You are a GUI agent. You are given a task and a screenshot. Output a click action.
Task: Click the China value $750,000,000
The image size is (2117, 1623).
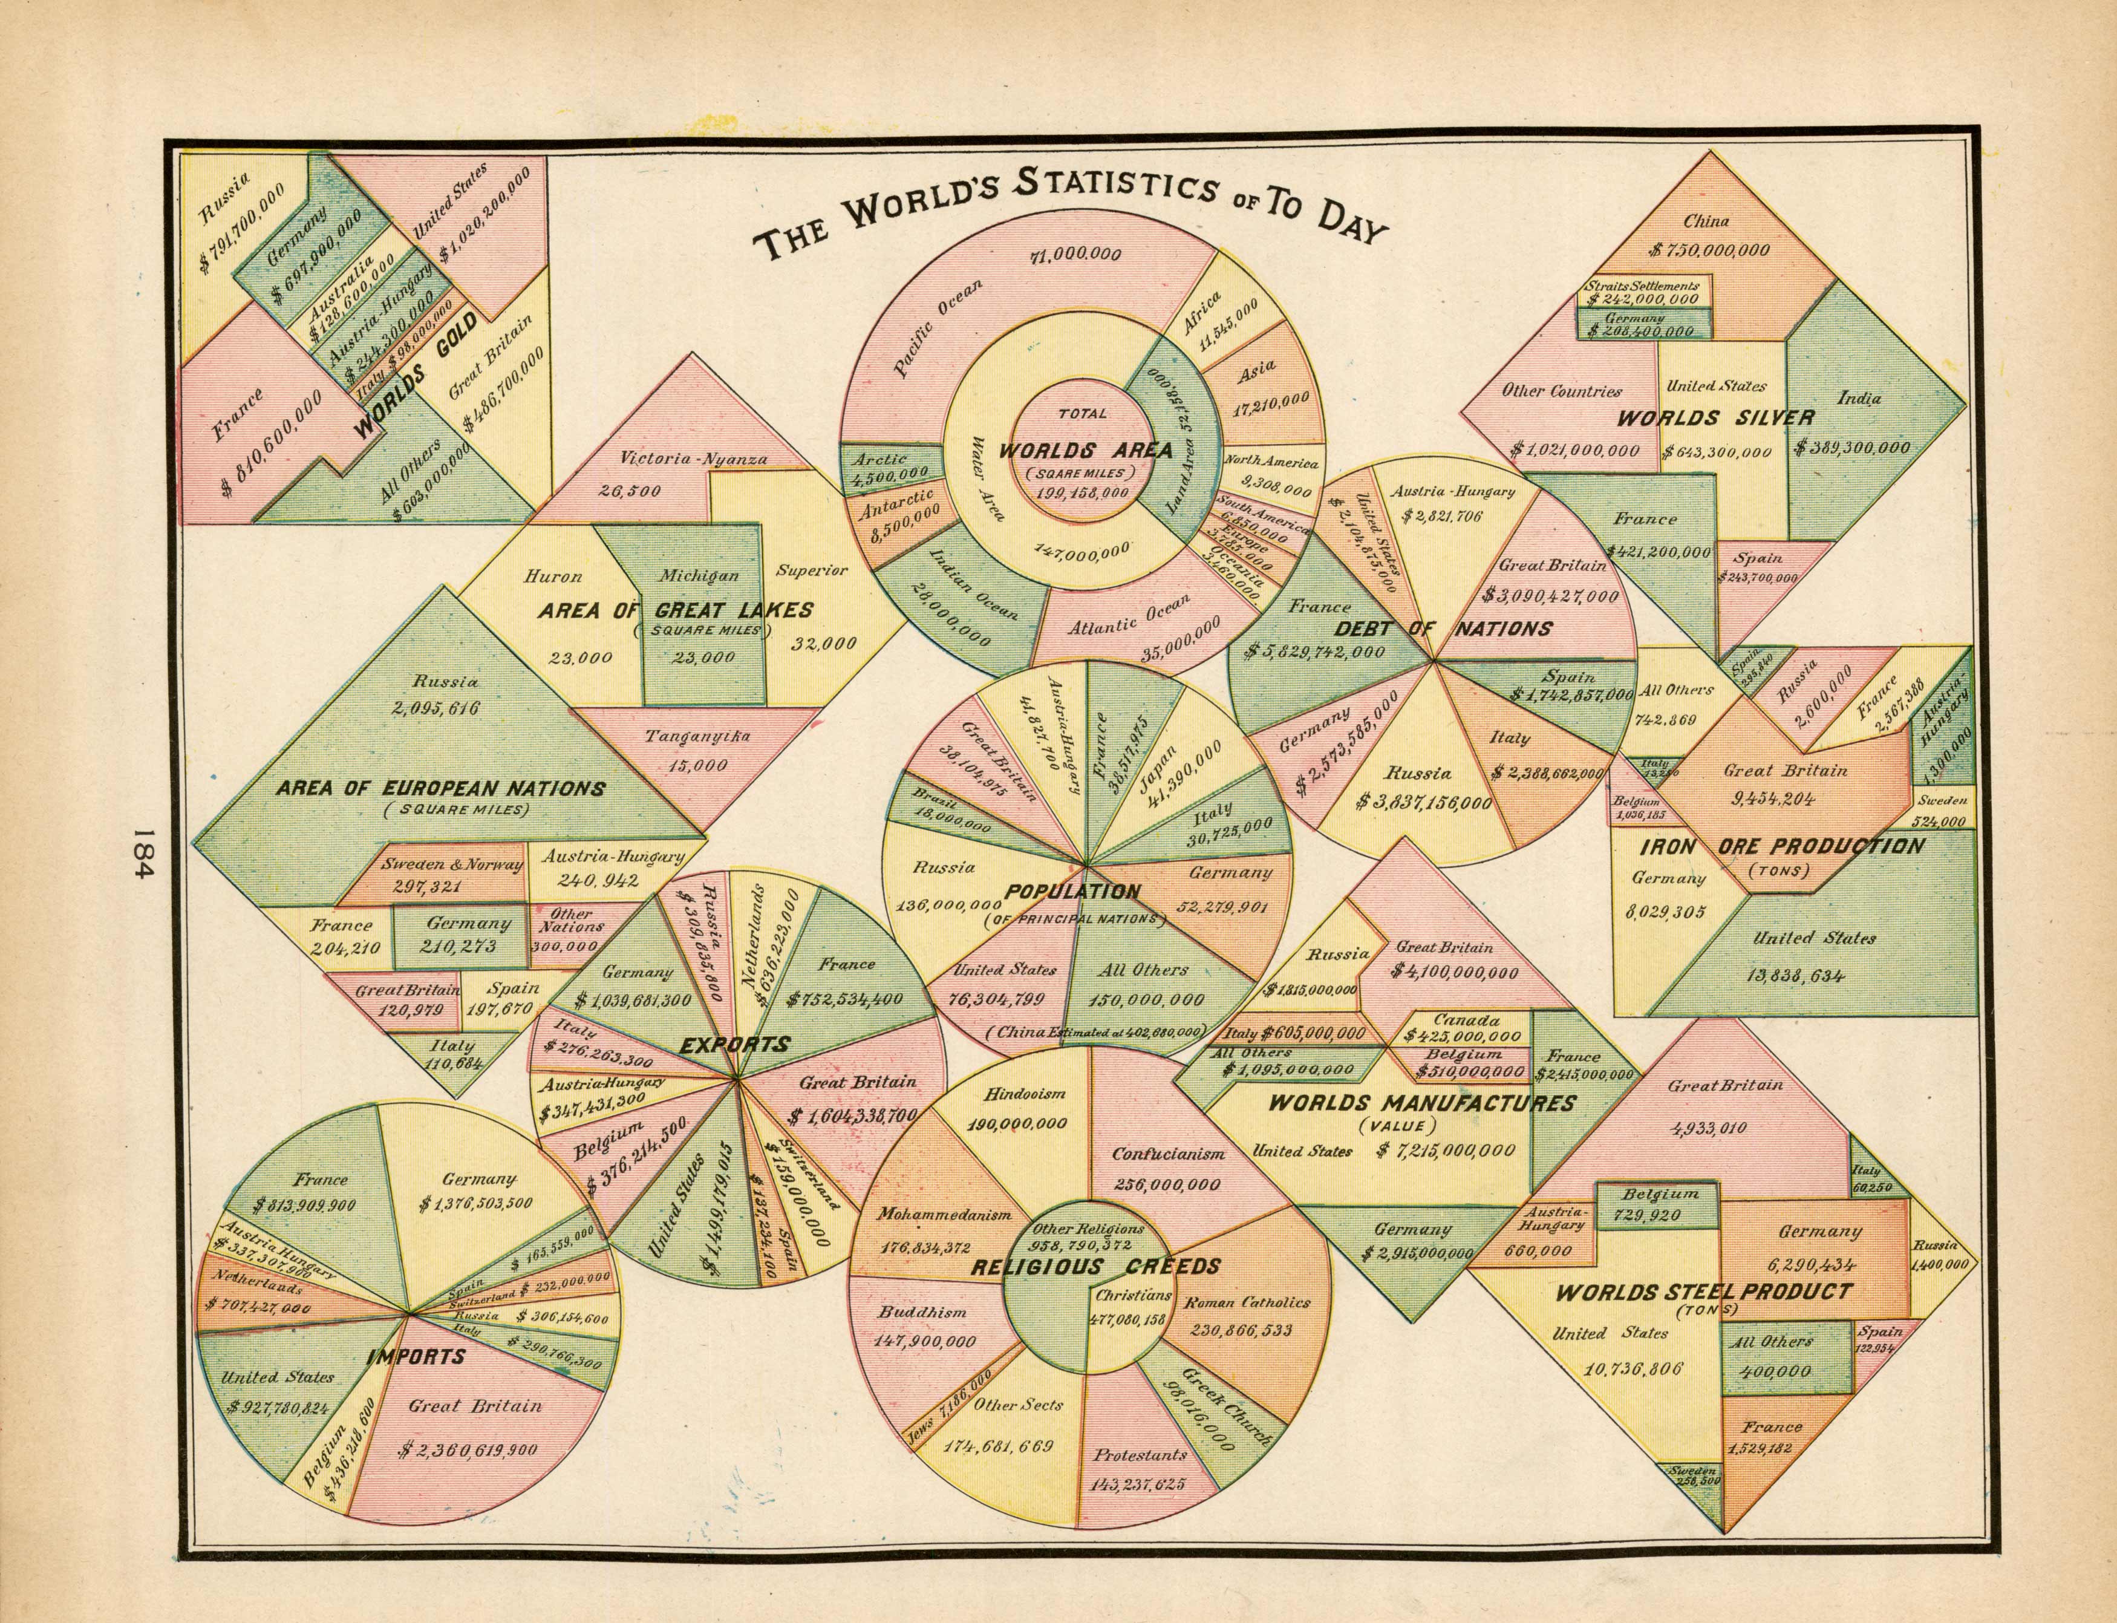(1709, 250)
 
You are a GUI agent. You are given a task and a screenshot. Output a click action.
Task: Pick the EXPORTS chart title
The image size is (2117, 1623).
(734, 1044)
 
